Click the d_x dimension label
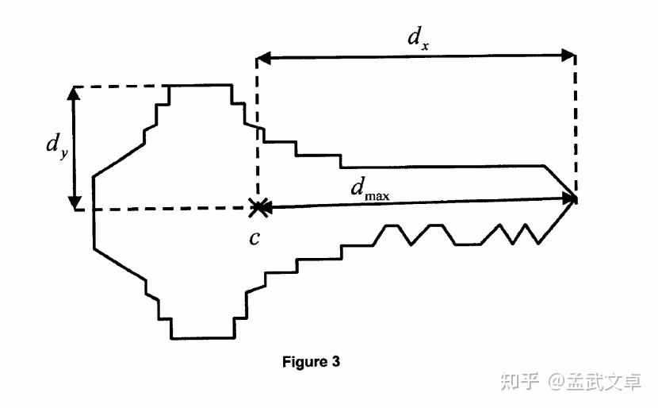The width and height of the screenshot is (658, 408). click(x=419, y=37)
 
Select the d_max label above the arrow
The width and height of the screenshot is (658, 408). click(x=370, y=188)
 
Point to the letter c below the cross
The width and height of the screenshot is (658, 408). click(x=254, y=238)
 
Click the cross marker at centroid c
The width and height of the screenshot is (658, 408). click(x=257, y=207)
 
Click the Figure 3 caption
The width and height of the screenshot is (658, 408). click(x=311, y=362)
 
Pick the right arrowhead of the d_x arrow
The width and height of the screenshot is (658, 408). click(x=568, y=55)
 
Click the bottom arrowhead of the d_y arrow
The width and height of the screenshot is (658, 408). click(x=75, y=203)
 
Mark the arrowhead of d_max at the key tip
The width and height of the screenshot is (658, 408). click(x=568, y=198)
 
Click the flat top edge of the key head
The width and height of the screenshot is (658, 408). click(x=200, y=85)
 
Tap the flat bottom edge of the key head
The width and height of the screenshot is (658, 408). click(x=203, y=338)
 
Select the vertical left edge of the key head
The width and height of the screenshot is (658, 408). click(x=94, y=213)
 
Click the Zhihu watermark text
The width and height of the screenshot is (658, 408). click(x=571, y=382)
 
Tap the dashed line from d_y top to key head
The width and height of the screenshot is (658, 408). click(x=121, y=87)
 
